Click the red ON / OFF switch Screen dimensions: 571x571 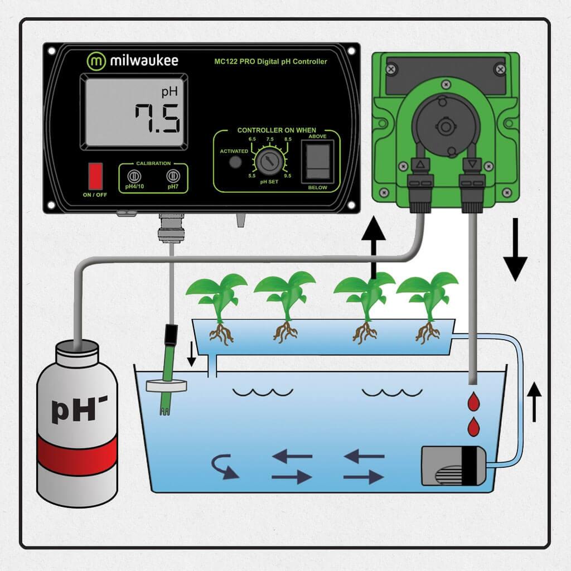95,176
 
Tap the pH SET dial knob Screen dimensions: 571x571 269,161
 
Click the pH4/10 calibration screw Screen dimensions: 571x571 134,176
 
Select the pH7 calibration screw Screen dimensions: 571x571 173,176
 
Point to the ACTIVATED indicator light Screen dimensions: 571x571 235,162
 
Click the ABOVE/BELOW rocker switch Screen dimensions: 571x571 317,161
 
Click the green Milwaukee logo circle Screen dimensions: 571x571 96,61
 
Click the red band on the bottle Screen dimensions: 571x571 77,454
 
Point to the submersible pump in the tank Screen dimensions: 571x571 454,466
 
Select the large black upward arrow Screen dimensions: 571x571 373,248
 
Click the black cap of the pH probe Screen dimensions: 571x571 171,335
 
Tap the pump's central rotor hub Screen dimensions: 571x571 446,127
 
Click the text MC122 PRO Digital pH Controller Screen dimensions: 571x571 270,61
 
